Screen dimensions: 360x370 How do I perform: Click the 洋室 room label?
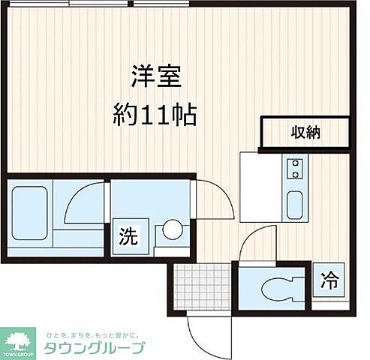[155, 77]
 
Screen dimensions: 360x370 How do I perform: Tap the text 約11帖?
[155, 114]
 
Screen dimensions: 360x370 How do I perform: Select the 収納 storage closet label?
[305, 133]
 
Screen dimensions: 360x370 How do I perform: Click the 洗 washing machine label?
[128, 236]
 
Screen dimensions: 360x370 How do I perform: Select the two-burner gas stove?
[295, 168]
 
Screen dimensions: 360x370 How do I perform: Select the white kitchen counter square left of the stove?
[260, 187]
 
